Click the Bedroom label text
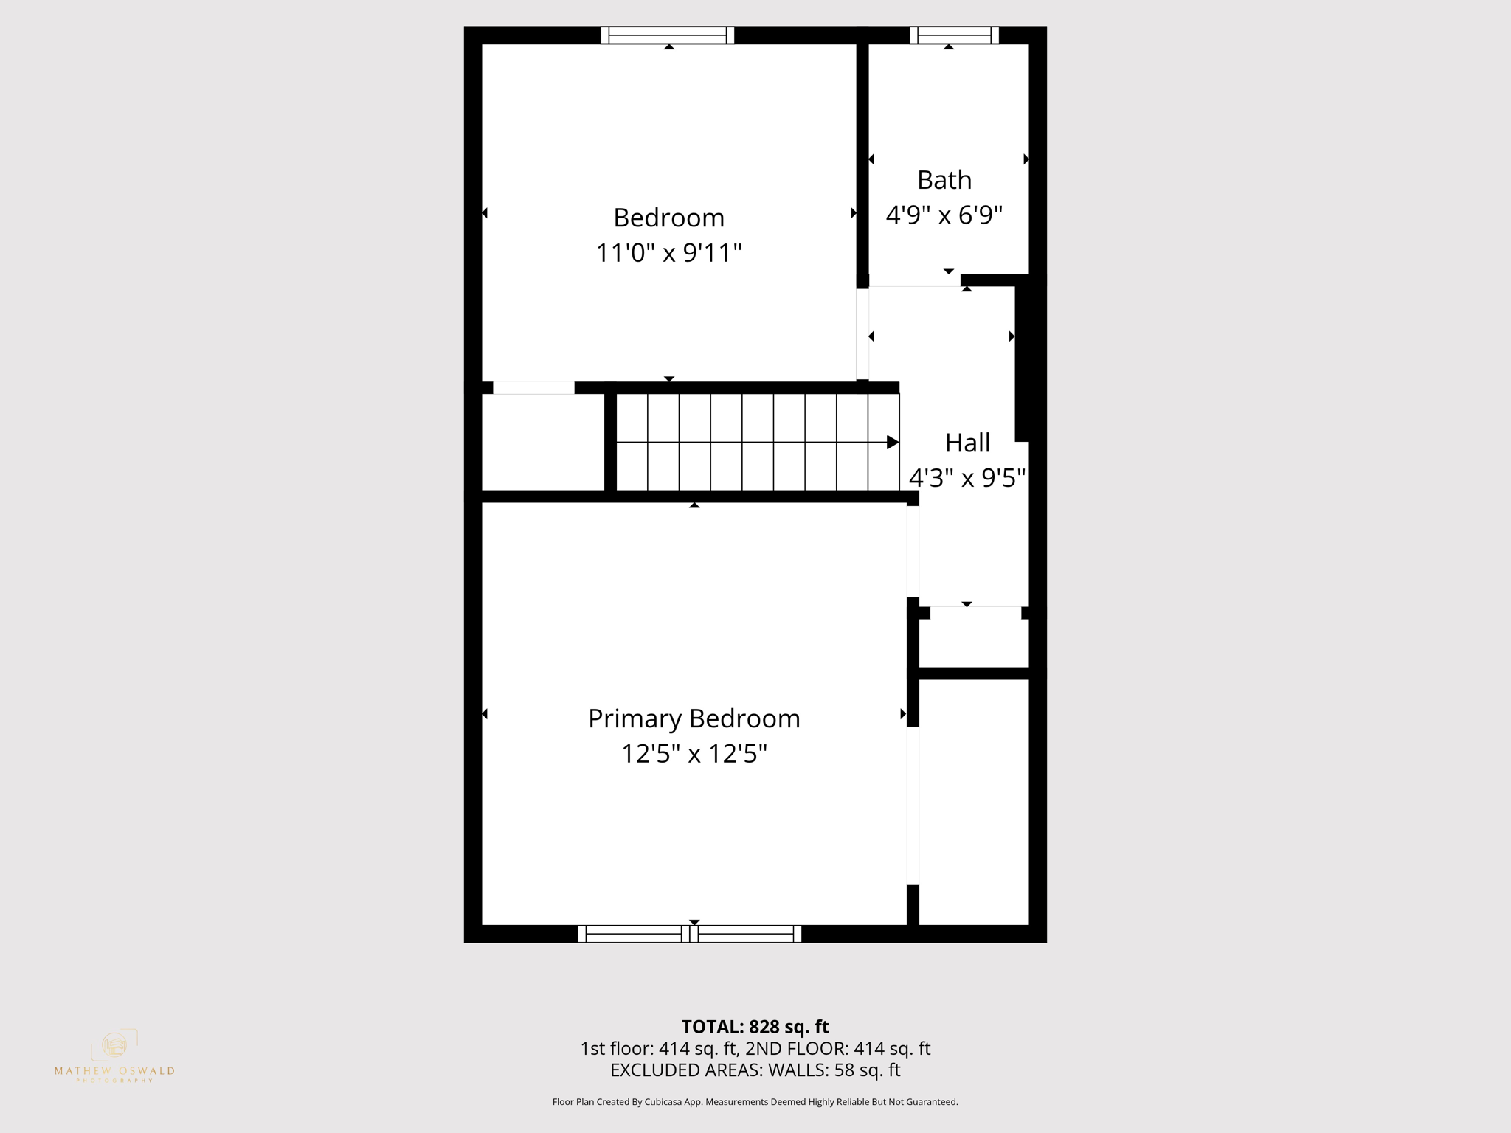668,218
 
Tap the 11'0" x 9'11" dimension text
668,253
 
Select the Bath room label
944,180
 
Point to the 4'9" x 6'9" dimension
944,215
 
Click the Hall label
967,443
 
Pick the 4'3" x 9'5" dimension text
967,478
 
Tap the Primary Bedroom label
694,718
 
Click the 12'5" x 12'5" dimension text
694,754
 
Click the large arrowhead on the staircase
892,443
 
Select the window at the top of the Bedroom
668,35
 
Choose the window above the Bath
954,35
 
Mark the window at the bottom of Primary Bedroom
689,934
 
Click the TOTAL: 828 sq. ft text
755,1027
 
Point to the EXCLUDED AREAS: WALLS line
755,1070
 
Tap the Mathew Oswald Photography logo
114,1056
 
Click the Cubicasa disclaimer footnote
755,1102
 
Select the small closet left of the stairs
542,442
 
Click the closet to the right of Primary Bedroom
973,801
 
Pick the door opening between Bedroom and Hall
862,334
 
